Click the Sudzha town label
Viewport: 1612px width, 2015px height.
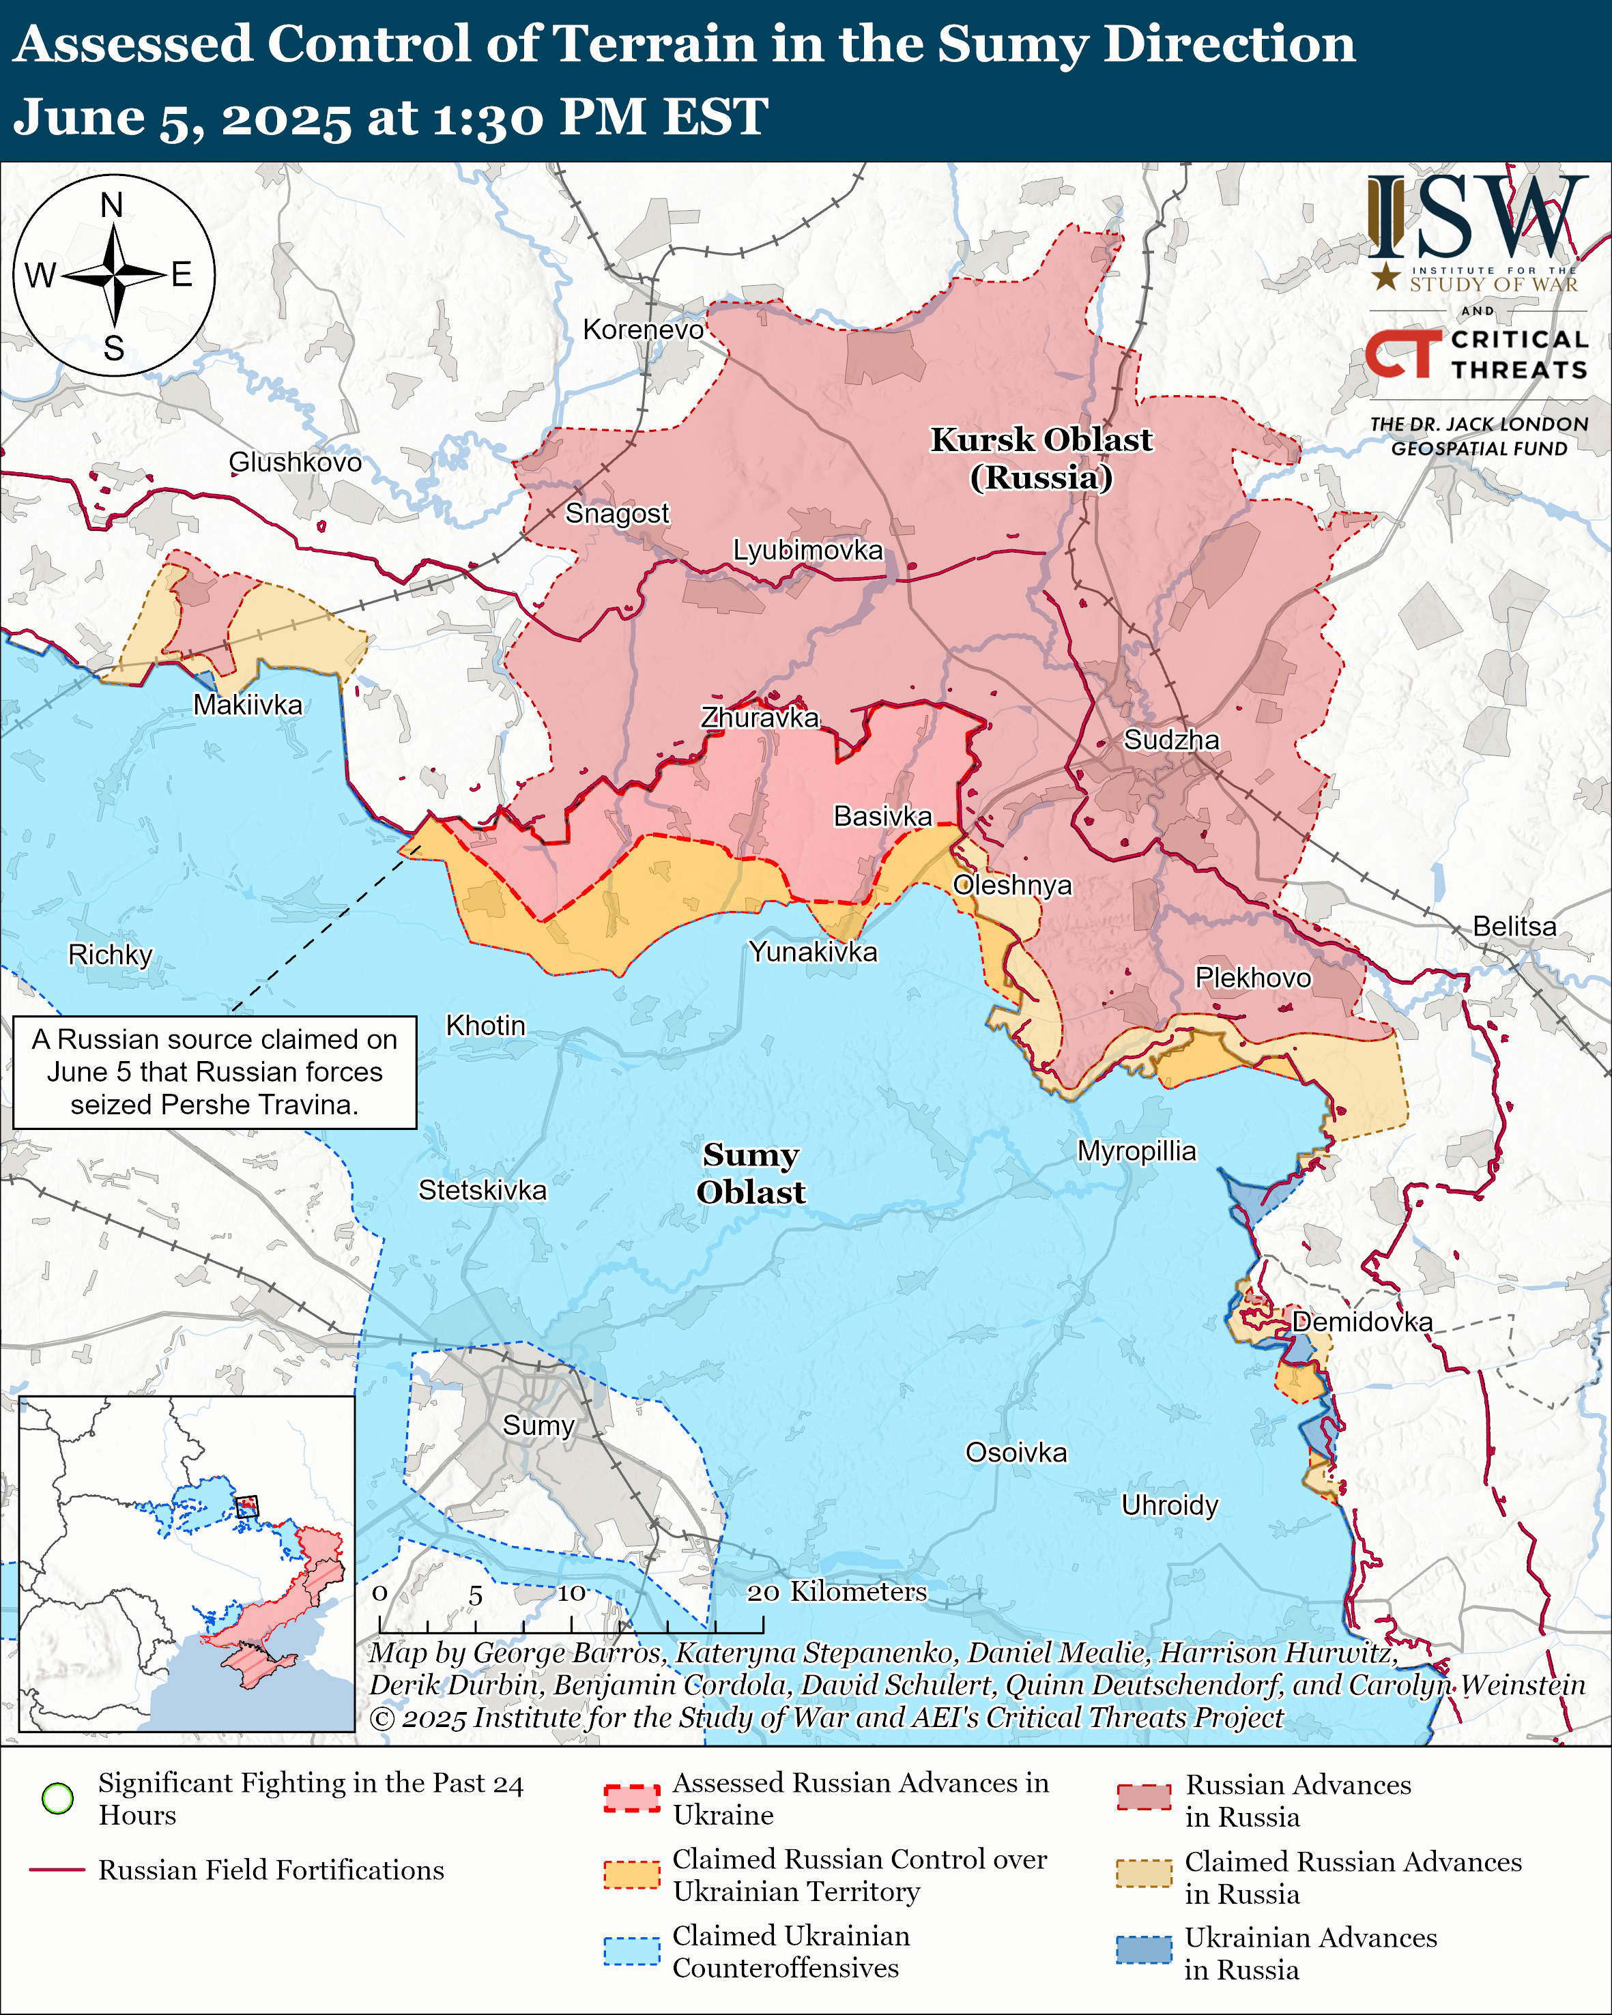pos(1171,740)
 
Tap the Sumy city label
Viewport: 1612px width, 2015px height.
pos(538,1425)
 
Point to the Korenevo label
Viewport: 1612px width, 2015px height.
pos(643,330)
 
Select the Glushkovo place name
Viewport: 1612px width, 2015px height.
pos(296,462)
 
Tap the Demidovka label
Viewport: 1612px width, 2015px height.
pos(1362,1322)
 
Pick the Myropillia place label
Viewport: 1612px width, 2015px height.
pos(1136,1150)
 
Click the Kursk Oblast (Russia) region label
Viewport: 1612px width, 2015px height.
pos(1041,458)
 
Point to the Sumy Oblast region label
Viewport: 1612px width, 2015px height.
pos(751,1173)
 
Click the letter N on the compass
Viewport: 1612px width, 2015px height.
pos(112,205)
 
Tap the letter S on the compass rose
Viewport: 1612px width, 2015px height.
pos(114,349)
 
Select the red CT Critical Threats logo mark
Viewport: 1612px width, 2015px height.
pos(1402,353)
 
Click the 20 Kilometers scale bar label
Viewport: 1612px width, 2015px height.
pos(837,1592)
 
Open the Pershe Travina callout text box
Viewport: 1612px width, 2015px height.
pos(215,1072)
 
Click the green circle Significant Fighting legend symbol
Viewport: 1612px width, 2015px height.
pos(58,1798)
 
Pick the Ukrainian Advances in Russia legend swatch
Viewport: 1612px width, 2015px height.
pos(1144,1950)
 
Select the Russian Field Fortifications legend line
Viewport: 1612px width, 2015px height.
pos(58,1870)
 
